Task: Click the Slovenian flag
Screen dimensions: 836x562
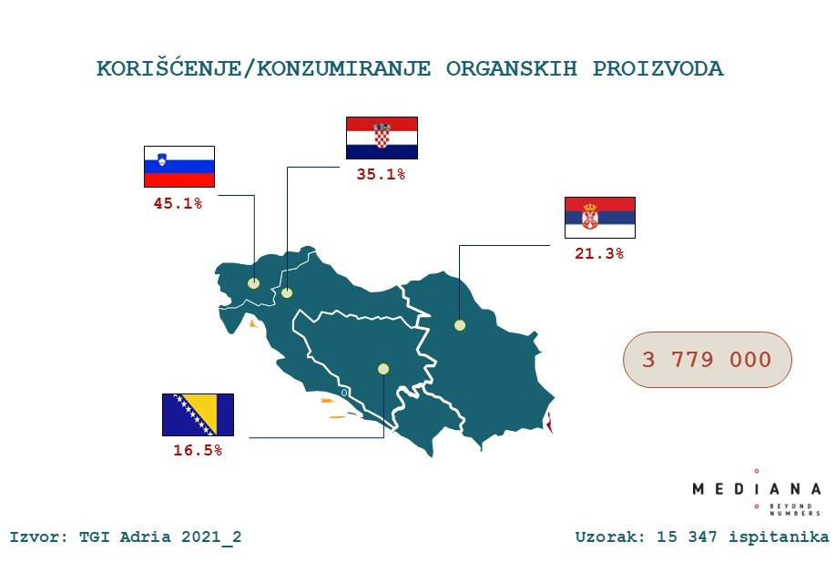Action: click(179, 167)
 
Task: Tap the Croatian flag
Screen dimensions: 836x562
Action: click(382, 138)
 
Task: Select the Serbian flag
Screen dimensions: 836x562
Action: click(600, 217)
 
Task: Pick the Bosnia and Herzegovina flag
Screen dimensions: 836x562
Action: click(198, 414)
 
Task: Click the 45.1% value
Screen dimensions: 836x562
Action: click(178, 203)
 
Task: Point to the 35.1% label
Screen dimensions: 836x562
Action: click(381, 174)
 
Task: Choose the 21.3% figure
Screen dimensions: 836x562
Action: click(599, 253)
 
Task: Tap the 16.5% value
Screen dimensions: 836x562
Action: click(198, 451)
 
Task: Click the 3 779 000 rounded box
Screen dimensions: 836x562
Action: click(708, 360)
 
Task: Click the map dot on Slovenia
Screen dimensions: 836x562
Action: click(253, 283)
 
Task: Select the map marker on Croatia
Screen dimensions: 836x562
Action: click(287, 292)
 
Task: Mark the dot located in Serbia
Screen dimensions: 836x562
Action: click(460, 325)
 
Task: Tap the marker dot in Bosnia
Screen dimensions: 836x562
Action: click(383, 369)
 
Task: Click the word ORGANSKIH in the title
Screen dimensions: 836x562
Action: click(512, 69)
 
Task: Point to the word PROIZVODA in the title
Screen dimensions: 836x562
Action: click(658, 69)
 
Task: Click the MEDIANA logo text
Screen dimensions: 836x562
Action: click(757, 489)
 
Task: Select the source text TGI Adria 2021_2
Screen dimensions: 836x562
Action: click(160, 536)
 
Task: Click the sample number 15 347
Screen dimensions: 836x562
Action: click(687, 536)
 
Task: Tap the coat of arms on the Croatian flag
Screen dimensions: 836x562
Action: click(382, 135)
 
